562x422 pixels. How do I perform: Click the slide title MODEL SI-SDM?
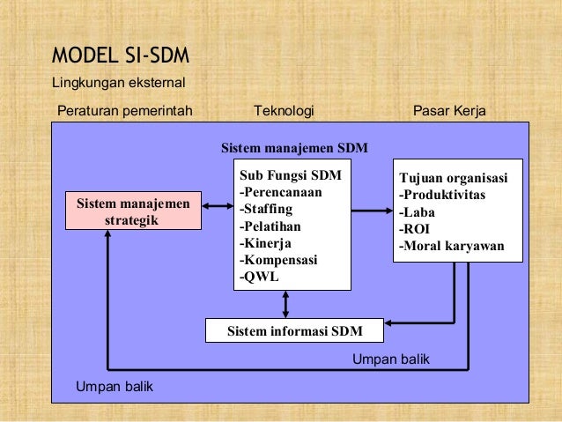pos(120,57)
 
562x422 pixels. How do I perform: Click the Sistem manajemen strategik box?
pos(133,211)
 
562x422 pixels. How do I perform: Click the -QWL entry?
pos(259,277)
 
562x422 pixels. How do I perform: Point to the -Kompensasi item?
pos(278,260)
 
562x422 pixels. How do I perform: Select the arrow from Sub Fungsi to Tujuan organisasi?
pos(371,210)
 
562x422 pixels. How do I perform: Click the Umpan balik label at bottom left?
pos(115,386)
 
